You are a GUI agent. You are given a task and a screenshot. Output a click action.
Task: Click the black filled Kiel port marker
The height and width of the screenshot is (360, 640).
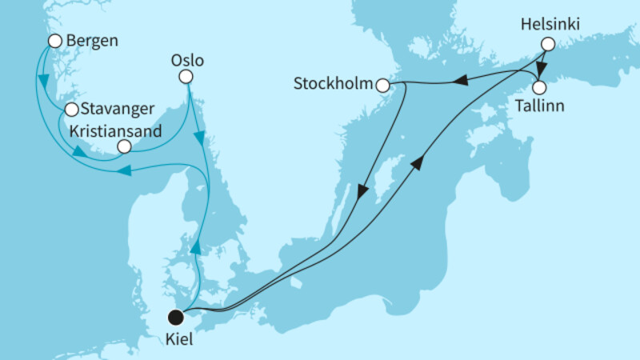[174, 316]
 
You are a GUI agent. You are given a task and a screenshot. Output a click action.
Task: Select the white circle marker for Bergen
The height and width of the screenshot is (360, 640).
[54, 41]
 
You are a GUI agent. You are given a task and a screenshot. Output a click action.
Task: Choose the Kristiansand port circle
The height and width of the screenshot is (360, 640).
[123, 146]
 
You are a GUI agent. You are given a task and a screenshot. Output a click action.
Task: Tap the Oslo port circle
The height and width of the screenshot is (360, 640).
[186, 77]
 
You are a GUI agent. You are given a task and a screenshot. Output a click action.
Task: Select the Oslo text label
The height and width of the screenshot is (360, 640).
[188, 60]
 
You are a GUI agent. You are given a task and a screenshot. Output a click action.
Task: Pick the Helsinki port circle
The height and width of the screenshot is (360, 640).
[547, 45]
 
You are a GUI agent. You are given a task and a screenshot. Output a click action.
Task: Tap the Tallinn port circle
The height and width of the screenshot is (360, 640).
[540, 86]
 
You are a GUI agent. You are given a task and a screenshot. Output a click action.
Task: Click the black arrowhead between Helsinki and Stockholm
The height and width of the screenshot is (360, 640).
[461, 80]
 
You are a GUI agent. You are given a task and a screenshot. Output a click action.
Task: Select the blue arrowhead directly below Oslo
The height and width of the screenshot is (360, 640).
[200, 142]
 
